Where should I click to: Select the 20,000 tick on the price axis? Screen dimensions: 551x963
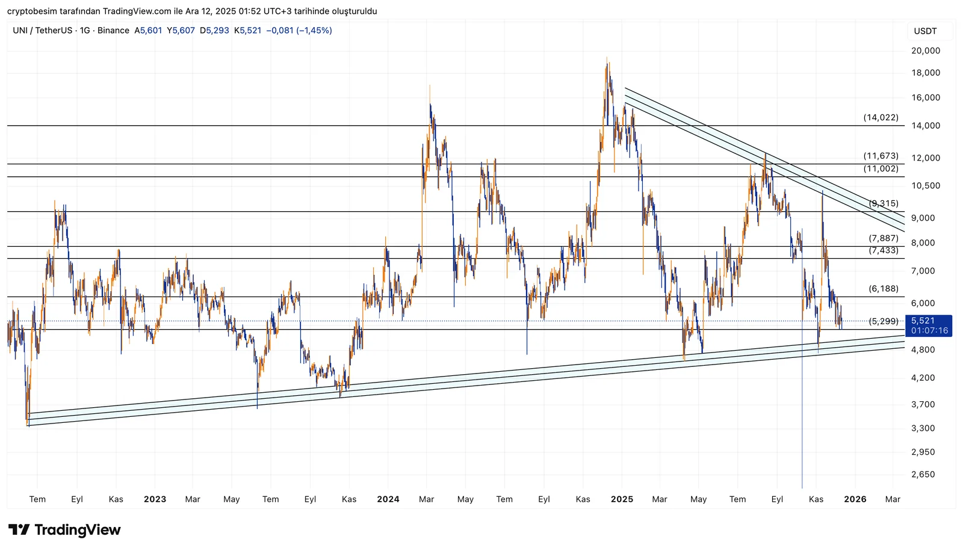925,51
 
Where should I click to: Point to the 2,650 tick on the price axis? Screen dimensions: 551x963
923,475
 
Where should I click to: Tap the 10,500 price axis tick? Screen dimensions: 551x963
925,186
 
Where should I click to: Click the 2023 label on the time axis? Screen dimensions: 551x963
155,499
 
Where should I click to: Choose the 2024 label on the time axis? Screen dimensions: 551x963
388,499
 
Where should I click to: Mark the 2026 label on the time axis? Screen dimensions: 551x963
855,499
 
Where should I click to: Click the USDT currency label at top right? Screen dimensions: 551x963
925,31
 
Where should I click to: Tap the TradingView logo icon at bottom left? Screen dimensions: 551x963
19,530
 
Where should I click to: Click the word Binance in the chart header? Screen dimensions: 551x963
113,31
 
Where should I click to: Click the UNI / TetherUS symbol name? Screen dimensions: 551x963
42,31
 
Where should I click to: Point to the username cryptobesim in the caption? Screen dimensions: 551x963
32,11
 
